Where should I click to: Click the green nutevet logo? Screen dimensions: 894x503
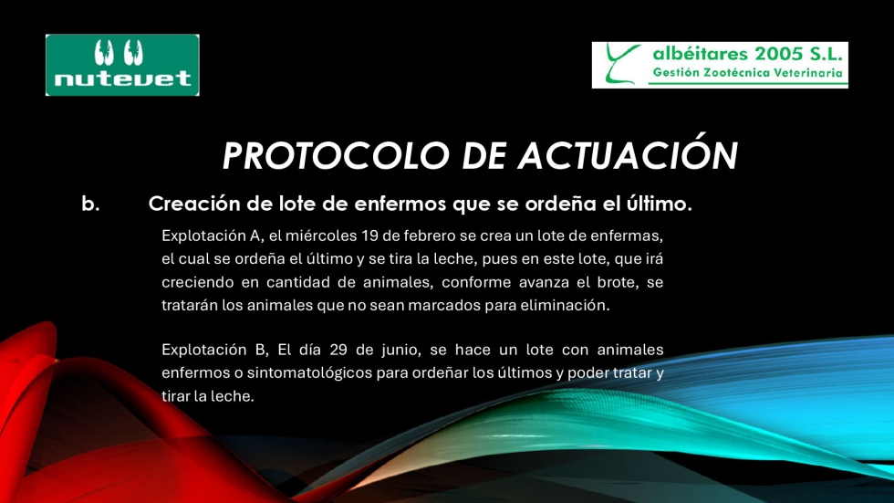122,65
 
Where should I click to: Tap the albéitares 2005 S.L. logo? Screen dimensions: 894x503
720,65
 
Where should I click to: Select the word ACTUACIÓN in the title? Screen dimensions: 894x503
628,154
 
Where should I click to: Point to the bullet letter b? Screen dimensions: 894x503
90,204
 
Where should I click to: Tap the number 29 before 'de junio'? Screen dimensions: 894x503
338,350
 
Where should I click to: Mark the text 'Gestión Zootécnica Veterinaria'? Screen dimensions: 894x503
747,73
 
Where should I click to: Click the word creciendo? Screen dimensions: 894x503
197,282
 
